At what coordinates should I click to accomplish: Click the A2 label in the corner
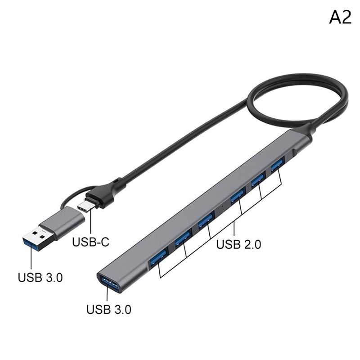tap(340, 18)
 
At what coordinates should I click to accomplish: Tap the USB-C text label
tap(91, 242)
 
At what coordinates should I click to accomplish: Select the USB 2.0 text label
tap(238, 244)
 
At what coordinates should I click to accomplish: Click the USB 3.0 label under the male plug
tap(40, 277)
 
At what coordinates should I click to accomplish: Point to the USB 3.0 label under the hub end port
tap(109, 310)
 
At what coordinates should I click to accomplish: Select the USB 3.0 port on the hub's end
tap(109, 283)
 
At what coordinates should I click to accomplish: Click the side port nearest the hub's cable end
tap(277, 164)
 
